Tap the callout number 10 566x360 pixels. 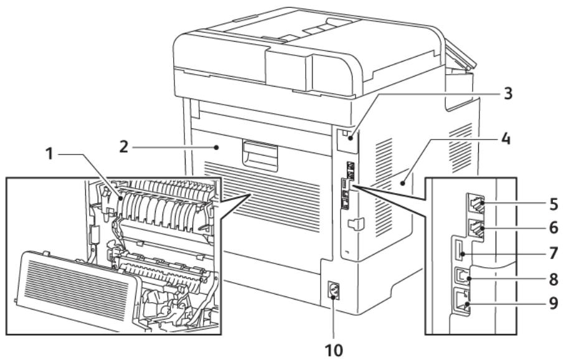click(336, 343)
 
